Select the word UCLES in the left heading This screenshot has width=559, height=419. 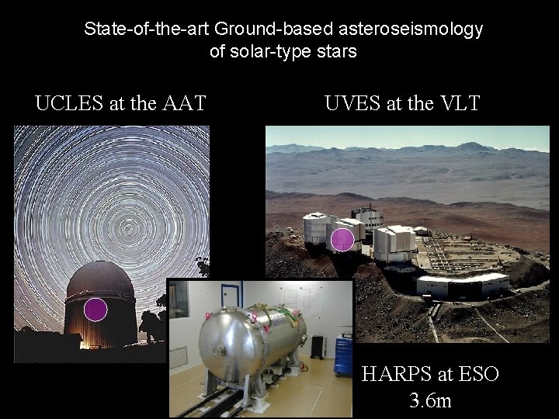(x=68, y=102)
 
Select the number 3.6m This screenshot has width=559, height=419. (x=430, y=402)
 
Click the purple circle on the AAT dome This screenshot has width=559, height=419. (x=95, y=310)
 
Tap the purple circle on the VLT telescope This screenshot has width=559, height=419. (x=342, y=240)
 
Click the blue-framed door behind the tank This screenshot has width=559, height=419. (x=231, y=299)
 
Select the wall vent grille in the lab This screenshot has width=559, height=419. (x=178, y=359)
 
